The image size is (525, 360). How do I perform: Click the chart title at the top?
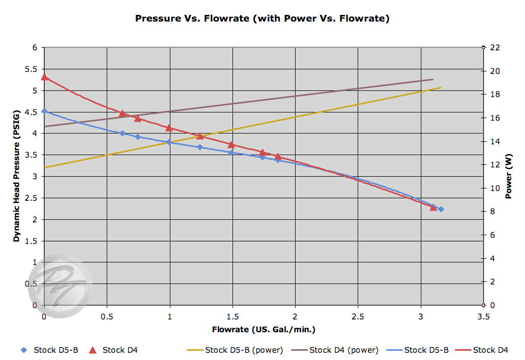pos(262,18)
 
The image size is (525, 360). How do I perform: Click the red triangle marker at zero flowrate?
pos(44,77)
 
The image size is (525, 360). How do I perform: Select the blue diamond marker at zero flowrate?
pos(44,111)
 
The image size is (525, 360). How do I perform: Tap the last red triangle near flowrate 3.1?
pos(433,207)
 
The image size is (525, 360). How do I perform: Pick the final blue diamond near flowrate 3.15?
pos(440,209)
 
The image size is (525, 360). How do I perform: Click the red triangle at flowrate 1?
pos(169,127)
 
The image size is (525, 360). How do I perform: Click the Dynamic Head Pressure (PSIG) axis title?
pos(16,176)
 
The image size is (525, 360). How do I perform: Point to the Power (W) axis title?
pos(509,176)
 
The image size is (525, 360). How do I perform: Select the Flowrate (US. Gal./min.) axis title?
pos(263,329)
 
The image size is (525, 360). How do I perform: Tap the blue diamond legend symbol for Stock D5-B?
pos(24,350)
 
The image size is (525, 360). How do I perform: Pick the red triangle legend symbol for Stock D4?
pos(93,350)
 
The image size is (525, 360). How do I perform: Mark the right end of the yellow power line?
pos(440,88)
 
